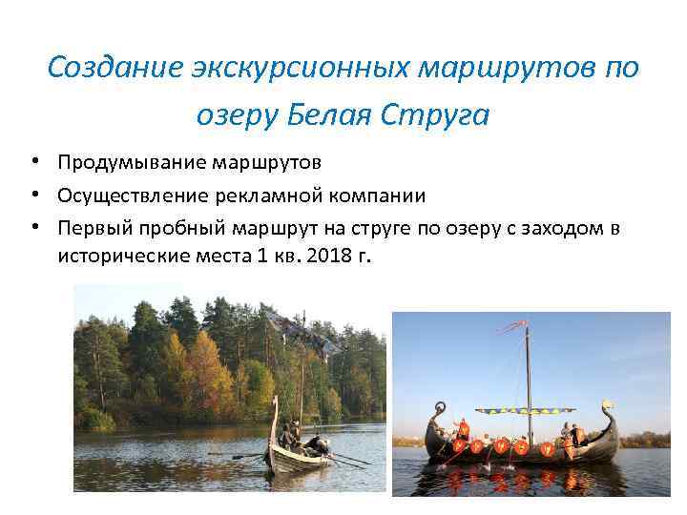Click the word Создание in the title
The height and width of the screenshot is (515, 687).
click(104, 68)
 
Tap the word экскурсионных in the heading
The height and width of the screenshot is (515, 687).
click(274, 68)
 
